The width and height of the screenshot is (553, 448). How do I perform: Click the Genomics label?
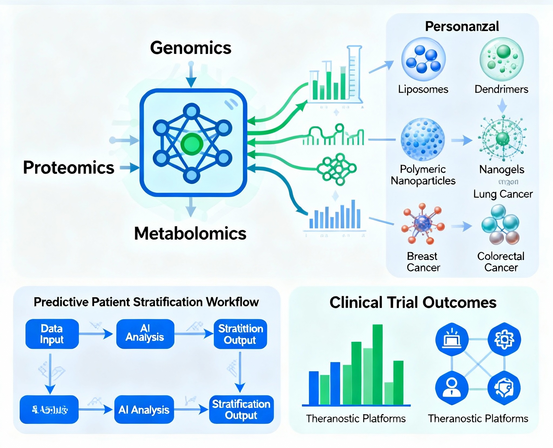point(191,48)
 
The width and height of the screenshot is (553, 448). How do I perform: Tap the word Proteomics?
point(69,167)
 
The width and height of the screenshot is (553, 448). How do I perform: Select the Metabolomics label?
point(190,233)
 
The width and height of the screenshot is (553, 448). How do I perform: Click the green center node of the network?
point(192,144)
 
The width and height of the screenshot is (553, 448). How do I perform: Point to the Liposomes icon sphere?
point(423,59)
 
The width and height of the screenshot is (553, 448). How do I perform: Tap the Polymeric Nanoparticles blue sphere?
point(423,140)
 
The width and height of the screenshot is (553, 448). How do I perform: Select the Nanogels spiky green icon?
point(502,139)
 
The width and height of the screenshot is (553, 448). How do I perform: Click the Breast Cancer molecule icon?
point(423,224)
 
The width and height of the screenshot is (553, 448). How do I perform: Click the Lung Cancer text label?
point(503,194)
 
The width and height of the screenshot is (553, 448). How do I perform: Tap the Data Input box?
point(52,334)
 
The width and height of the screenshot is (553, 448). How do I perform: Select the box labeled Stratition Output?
point(240,334)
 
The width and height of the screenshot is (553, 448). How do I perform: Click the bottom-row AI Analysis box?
point(144,409)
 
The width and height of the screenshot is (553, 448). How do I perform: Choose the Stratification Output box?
point(241,409)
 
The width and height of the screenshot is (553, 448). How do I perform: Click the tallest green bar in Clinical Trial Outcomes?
point(377,365)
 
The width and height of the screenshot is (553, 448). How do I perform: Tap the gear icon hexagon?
point(504,339)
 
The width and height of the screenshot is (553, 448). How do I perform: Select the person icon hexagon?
point(451,387)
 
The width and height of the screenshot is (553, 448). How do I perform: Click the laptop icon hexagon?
point(452,339)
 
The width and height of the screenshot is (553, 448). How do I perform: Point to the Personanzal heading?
point(462,26)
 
